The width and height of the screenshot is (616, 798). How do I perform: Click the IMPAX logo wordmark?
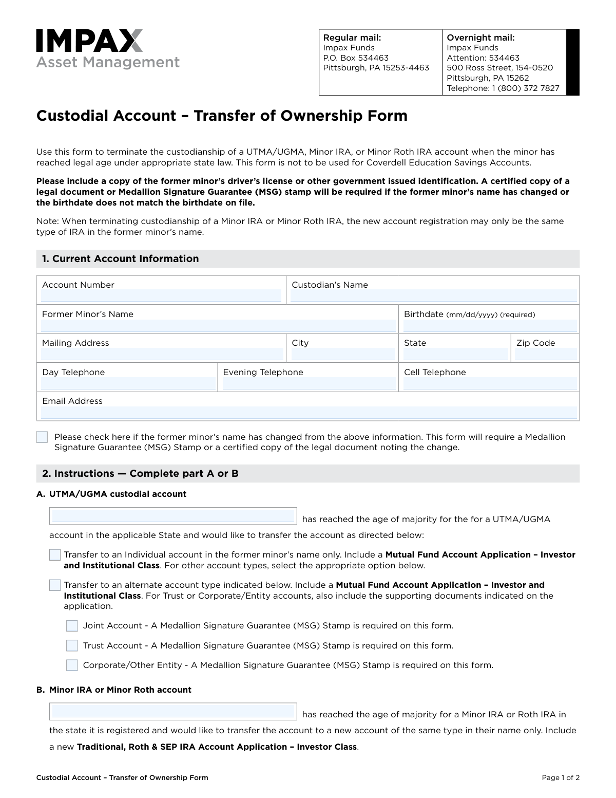click(x=89, y=41)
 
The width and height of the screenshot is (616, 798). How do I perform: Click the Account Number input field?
click(x=161, y=296)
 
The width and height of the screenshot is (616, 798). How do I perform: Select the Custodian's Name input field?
click(x=433, y=296)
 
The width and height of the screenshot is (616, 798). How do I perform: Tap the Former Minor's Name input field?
click(x=218, y=326)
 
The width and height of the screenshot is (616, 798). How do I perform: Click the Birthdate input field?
click(x=490, y=326)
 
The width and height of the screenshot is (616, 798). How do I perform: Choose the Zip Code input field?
click(x=546, y=354)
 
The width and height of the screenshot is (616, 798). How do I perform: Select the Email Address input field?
click(x=309, y=413)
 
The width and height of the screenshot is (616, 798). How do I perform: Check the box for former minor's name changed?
click(x=42, y=437)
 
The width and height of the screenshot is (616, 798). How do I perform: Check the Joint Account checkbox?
click(x=72, y=626)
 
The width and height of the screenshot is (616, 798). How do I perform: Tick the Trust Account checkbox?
click(x=72, y=646)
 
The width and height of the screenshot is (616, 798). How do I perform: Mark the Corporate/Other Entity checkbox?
click(x=72, y=665)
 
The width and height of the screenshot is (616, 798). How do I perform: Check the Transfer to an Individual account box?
click(x=55, y=555)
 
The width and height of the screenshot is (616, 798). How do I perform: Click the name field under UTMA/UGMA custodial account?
click(x=173, y=516)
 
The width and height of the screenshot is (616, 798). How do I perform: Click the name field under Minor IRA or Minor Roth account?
click(x=173, y=712)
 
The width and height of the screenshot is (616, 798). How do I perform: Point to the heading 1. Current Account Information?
click(x=121, y=259)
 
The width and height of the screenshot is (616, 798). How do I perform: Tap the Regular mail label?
click(x=352, y=38)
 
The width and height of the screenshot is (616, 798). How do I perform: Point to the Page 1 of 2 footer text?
click(x=561, y=777)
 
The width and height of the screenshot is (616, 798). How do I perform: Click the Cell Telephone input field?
click(x=490, y=383)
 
